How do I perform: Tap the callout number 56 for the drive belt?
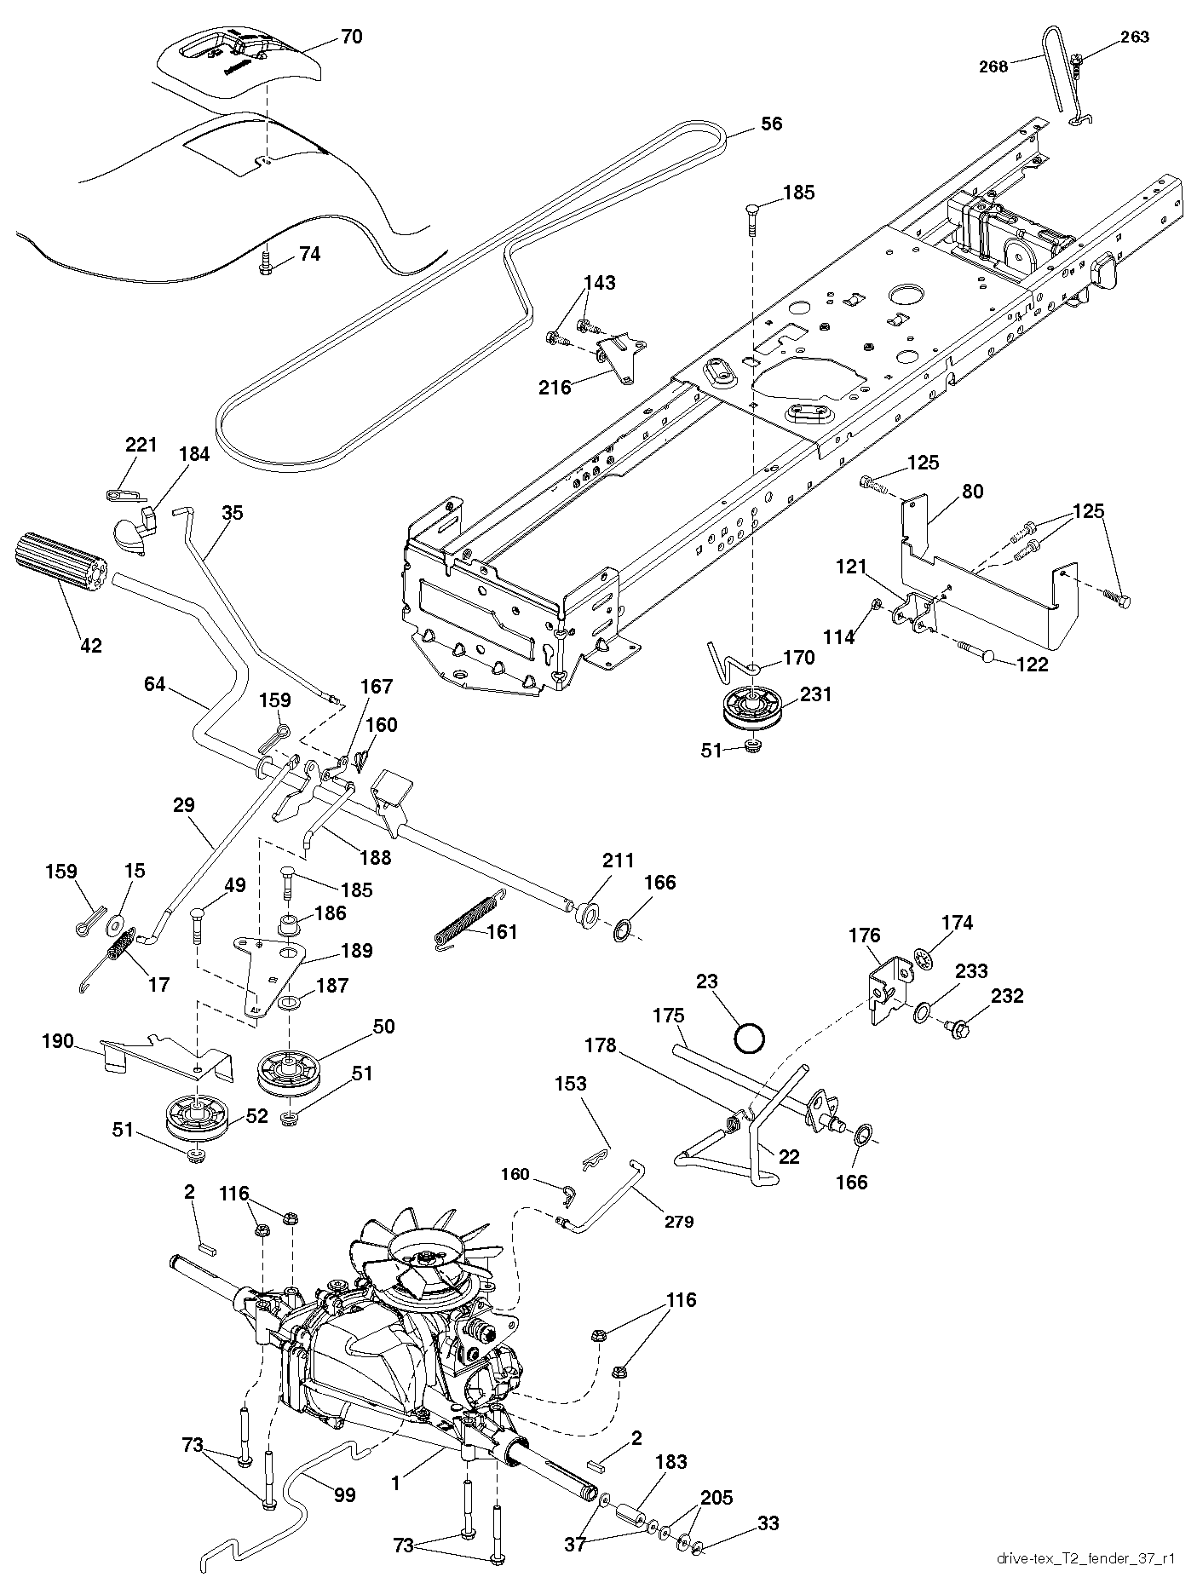[771, 124]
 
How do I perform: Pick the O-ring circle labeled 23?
[750, 1038]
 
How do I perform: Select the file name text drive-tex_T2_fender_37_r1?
[1085, 1559]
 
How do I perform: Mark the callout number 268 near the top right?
[993, 66]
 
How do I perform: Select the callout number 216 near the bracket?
[555, 388]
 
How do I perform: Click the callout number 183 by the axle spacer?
[671, 1462]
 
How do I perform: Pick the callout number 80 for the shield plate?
[972, 492]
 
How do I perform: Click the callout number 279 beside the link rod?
[680, 1221]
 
